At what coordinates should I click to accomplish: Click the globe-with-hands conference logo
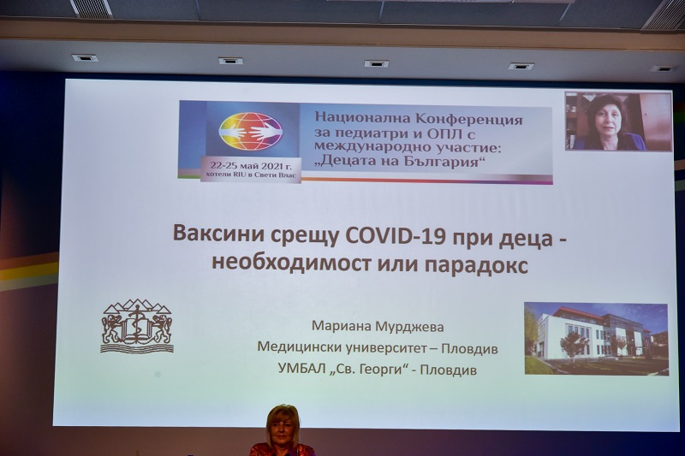pos(251,132)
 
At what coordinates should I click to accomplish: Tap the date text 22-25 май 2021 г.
pos(251,166)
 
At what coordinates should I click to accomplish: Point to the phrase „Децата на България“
pos(402,162)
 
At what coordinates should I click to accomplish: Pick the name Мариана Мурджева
pos(378,327)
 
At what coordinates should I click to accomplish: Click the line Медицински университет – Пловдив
pos(378,348)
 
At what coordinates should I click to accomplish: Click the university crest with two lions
pos(137,326)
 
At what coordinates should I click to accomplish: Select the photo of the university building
pos(596,339)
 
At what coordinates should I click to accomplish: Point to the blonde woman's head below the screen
pos(284,424)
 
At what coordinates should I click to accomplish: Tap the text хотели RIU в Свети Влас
pos(251,175)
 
